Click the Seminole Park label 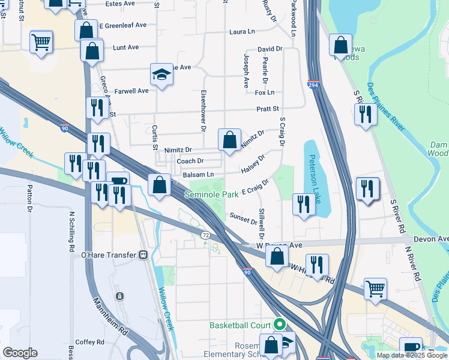click(211, 195)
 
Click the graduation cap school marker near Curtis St click(161, 74)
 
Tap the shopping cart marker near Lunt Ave click(41, 42)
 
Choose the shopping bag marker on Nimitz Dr click(229, 140)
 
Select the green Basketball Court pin click(279, 325)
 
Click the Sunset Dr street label click(243, 218)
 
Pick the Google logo click(20, 352)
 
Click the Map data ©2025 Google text click(411, 355)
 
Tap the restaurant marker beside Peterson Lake click(304, 204)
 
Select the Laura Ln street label click(243, 31)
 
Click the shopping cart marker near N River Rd click(375, 288)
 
